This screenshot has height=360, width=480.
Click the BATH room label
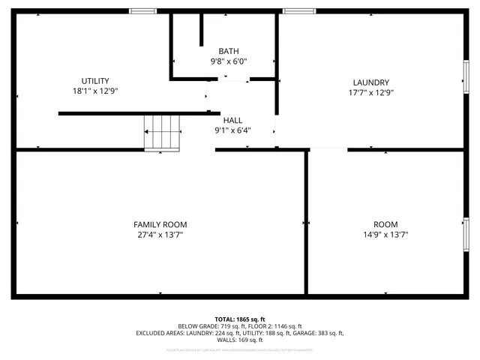point(229,51)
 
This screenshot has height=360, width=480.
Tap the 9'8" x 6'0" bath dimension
point(229,61)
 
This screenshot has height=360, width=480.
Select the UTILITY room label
point(95,81)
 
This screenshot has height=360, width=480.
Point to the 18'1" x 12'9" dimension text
point(95,91)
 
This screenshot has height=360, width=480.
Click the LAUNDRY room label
point(370,82)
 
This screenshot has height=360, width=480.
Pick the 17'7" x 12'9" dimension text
point(370,92)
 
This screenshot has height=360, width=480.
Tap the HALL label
point(232,120)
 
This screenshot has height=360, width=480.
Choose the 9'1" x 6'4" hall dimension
point(232,130)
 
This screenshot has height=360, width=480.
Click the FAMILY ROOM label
point(160,224)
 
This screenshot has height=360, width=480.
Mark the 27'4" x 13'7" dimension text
point(160,234)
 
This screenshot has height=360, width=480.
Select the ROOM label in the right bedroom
point(385,224)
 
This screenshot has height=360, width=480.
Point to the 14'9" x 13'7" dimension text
point(385,234)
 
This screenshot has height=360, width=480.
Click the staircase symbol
point(163,133)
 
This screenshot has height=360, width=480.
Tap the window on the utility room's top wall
point(142,11)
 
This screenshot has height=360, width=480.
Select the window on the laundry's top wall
point(294,11)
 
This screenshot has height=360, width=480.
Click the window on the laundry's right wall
point(466,76)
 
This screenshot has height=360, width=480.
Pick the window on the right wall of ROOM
point(466,232)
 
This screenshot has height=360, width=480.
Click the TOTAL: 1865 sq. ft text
point(240,319)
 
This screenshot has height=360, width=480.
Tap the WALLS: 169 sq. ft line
point(240,340)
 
